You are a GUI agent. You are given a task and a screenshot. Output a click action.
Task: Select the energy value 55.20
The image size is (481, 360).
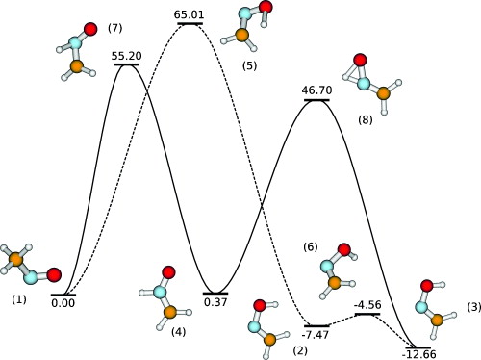(127, 57)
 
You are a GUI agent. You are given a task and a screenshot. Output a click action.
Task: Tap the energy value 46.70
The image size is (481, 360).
(317, 90)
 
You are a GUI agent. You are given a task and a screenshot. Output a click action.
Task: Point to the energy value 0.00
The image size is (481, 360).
(63, 303)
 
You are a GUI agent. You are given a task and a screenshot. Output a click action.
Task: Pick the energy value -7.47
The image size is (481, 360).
(317, 334)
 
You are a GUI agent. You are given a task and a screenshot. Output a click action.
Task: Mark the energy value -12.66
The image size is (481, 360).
(418, 353)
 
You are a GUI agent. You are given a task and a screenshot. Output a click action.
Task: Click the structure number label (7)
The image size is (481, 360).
(115, 28)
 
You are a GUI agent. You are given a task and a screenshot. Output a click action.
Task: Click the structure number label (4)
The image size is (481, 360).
(179, 332)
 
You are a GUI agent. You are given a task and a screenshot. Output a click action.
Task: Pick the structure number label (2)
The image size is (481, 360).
(300, 351)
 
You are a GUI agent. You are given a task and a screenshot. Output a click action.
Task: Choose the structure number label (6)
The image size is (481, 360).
(311, 247)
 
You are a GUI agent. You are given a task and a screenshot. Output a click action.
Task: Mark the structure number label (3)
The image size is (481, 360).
(473, 306)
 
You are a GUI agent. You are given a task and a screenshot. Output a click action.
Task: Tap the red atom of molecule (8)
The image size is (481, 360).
(358, 63)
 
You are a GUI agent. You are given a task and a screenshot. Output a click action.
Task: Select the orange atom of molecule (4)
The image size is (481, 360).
(170, 312)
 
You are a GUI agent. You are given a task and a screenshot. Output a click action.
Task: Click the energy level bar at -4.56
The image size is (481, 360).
(368, 315)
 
